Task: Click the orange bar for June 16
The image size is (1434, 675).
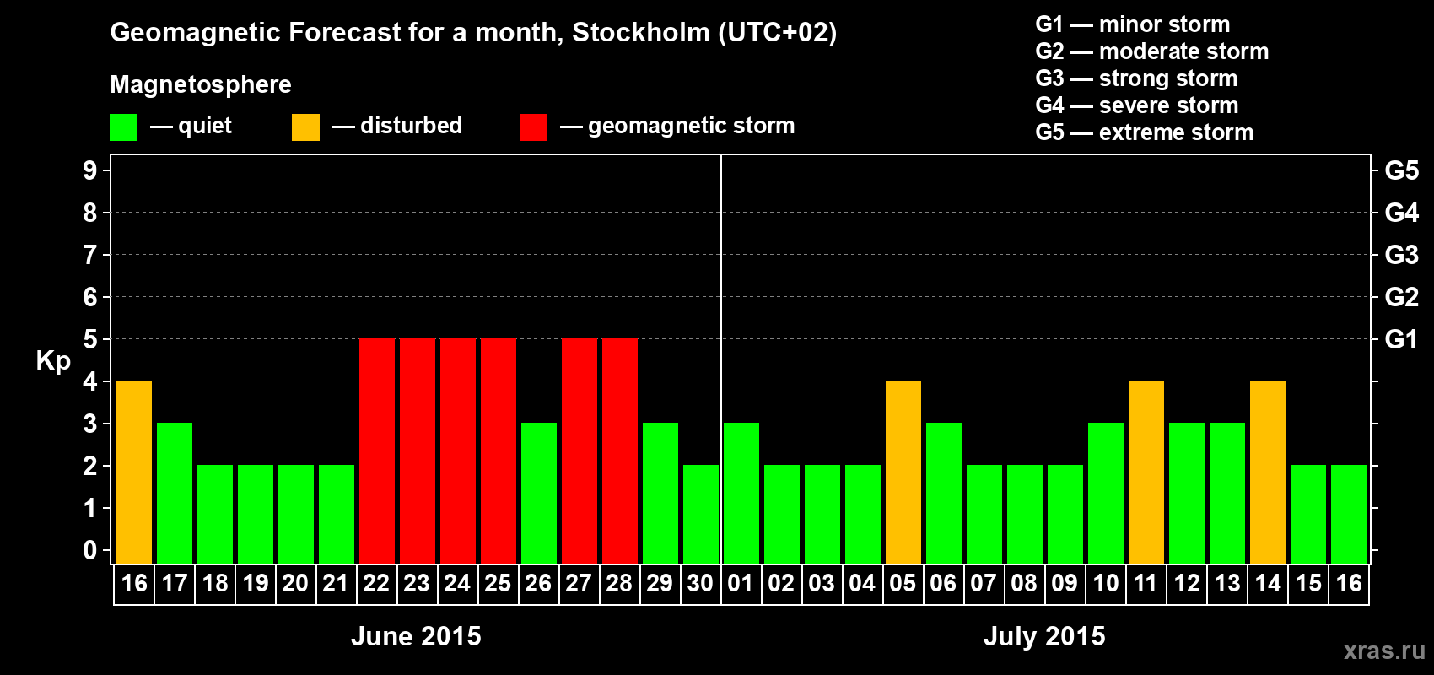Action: click(x=134, y=472)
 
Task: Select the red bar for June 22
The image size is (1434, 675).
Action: click(x=377, y=451)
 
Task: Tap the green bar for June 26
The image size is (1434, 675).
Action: click(x=539, y=493)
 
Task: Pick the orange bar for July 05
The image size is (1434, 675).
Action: click(x=903, y=472)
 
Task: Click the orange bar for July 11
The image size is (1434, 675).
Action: click(x=1146, y=472)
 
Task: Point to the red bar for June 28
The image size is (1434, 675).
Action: click(x=620, y=451)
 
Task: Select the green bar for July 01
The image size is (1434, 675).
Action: click(x=741, y=493)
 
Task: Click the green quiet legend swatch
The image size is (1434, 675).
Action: click(x=123, y=127)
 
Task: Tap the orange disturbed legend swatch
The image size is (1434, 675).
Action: click(x=305, y=127)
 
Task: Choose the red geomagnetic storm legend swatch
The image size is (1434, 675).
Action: click(x=533, y=127)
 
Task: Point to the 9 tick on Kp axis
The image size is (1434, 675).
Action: click(x=90, y=170)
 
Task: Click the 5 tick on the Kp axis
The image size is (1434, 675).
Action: click(x=90, y=339)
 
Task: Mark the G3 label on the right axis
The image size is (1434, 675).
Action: click(x=1401, y=255)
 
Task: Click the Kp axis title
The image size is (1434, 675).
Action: click(x=53, y=361)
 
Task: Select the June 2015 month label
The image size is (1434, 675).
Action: click(x=416, y=636)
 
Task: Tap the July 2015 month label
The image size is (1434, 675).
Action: click(x=1044, y=636)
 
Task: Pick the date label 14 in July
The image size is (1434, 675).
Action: click(x=1268, y=583)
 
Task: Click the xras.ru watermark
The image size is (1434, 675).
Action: click(x=1384, y=651)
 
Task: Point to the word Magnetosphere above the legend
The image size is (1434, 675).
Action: click(x=201, y=84)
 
